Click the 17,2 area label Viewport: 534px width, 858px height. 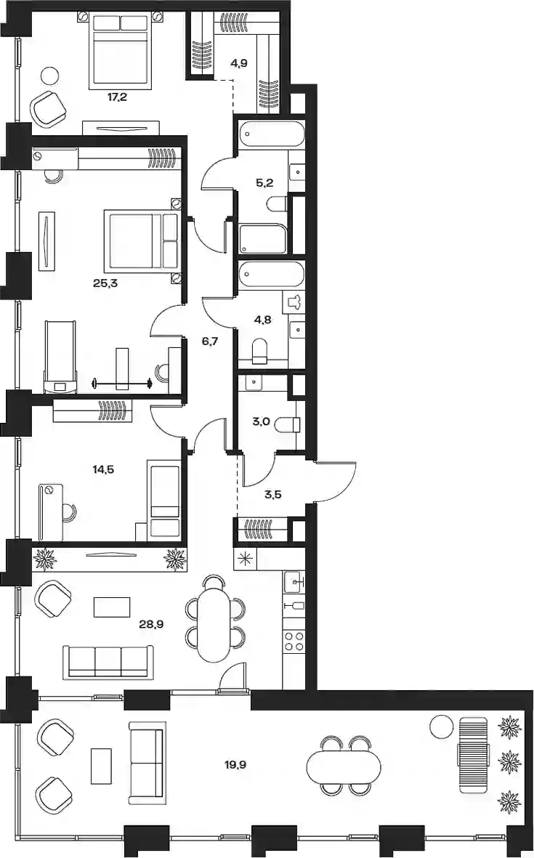[118, 99]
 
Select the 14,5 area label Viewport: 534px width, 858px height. [103, 469]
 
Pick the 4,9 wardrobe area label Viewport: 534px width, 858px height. [238, 63]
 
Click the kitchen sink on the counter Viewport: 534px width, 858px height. [294, 582]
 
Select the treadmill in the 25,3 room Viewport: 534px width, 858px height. [60, 357]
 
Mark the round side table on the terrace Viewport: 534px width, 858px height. [442, 727]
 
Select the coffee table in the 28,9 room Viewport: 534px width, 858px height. [112, 607]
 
